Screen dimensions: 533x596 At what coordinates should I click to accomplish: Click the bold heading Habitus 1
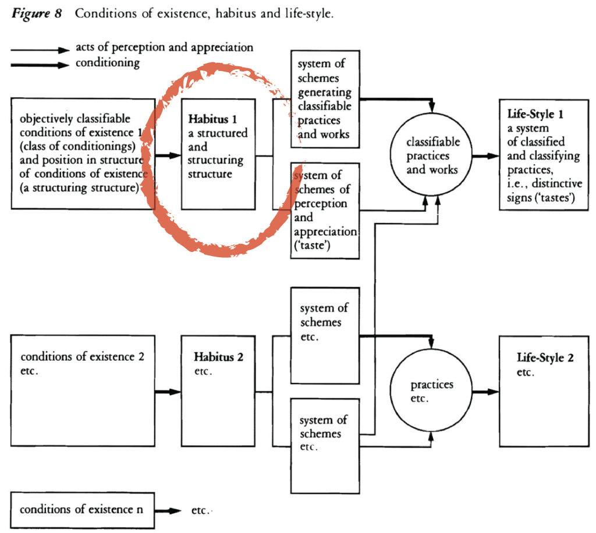pyautogui.click(x=212, y=120)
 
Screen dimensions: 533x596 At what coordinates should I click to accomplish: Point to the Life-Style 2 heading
pyautogui.click(x=545, y=357)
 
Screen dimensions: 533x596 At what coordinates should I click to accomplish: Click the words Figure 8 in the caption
pyautogui.click(x=37, y=13)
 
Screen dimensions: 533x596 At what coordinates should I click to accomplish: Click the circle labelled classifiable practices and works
pyautogui.click(x=432, y=155)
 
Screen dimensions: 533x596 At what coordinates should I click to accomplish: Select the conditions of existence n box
pyautogui.click(x=81, y=510)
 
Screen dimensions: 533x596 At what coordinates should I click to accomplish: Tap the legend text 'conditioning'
pyautogui.click(x=108, y=63)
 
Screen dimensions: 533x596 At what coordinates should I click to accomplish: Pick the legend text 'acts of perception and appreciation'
pyautogui.click(x=164, y=48)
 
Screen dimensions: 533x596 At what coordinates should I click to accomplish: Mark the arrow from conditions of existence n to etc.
pyautogui.click(x=168, y=510)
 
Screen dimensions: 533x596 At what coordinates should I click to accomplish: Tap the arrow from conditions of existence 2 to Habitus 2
pyautogui.click(x=168, y=392)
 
